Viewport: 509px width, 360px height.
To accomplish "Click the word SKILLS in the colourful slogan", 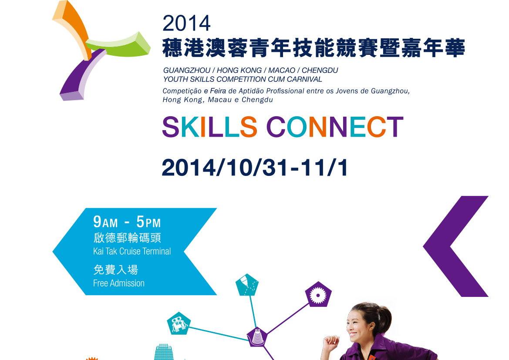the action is tap(210, 127).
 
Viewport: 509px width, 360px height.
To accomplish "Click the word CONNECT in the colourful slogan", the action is tap(335, 127).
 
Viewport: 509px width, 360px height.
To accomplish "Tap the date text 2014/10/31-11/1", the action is tap(255, 168).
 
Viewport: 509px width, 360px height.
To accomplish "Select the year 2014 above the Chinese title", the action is tap(186, 24).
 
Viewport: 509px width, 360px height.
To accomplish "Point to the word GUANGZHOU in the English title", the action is tap(187, 71).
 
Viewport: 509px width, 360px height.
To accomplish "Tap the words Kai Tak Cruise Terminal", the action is tap(132, 251).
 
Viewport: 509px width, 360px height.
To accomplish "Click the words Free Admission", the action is tap(119, 283).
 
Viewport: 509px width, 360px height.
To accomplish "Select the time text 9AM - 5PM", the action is tap(127, 222).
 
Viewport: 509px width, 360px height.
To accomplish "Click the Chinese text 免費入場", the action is tap(115, 269).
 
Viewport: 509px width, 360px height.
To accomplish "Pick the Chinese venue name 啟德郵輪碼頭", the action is tap(127, 238).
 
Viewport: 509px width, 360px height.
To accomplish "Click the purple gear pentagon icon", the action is tap(318, 295).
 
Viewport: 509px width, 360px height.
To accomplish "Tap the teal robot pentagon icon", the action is tap(179, 323).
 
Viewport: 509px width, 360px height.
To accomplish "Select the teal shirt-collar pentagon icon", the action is tap(247, 285).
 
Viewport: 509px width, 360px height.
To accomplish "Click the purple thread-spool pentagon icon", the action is tap(257, 337).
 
